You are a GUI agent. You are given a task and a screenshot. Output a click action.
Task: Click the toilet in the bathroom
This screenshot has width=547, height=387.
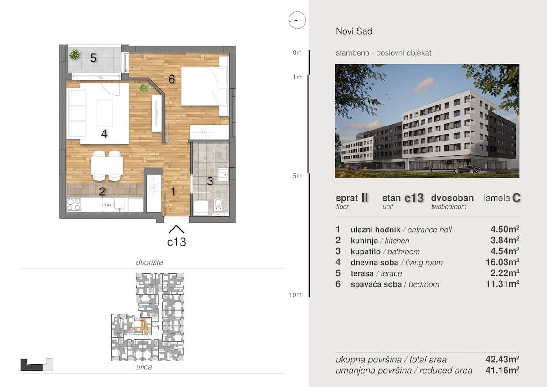218,204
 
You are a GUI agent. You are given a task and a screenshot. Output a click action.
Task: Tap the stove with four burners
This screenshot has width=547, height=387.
74,204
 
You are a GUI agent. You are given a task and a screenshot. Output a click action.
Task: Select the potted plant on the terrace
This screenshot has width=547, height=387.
74,54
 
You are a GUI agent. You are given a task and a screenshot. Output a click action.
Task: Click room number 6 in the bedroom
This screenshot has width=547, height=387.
171,79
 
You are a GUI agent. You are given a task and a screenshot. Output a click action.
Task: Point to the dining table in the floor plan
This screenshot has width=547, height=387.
107,166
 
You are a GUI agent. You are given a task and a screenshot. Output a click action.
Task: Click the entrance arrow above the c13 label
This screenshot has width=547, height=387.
176,229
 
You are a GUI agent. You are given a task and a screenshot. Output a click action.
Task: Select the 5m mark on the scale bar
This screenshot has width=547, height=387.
297,176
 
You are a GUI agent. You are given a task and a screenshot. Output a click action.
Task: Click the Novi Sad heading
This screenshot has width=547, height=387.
354,31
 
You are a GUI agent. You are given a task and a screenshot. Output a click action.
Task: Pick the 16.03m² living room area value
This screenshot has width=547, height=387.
502,262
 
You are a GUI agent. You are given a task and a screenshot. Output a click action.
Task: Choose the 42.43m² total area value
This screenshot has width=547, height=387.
502,359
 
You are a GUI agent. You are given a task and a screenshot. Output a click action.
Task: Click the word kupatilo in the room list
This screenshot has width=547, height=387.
366,251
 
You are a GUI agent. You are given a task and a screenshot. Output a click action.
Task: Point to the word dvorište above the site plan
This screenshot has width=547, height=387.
150,262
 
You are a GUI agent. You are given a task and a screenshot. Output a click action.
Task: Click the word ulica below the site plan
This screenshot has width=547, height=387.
144,367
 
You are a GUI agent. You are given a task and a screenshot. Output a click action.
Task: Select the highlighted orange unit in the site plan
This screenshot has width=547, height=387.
143,327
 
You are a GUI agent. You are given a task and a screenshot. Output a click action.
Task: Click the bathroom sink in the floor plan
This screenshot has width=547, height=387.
223,174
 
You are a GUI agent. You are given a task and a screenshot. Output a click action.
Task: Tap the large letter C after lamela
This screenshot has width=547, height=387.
516,198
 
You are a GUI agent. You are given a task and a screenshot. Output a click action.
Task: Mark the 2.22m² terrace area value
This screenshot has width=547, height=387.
505,273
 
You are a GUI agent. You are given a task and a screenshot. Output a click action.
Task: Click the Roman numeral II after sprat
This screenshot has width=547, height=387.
365,198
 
